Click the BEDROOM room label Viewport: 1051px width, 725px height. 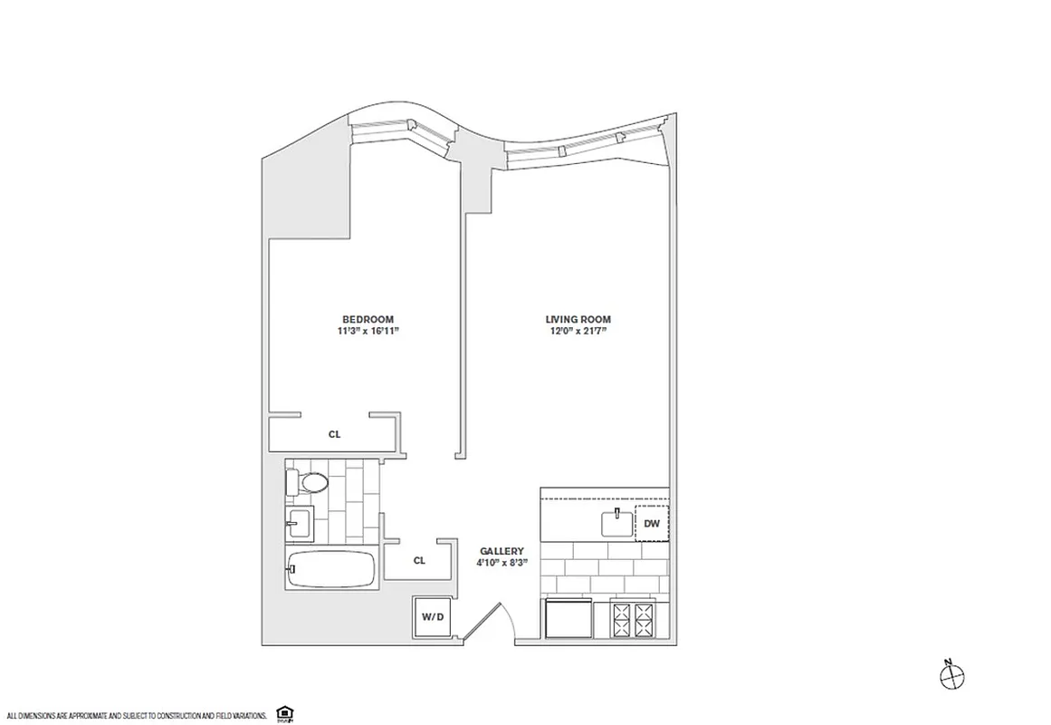(367, 319)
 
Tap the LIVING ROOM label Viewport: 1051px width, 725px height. (578, 319)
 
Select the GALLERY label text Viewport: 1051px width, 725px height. (502, 550)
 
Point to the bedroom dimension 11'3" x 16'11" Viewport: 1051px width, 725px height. (367, 332)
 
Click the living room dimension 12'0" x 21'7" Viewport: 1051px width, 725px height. (578, 332)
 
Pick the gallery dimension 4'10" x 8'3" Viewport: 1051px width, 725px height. (502, 563)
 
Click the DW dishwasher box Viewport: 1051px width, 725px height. (651, 525)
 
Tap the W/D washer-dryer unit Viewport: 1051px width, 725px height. (433, 617)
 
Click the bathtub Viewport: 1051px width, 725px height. (330, 569)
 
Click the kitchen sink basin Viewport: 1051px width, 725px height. (616, 523)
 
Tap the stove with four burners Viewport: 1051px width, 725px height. (634, 621)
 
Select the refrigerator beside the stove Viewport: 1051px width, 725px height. (568, 622)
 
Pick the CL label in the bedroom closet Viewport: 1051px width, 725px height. (334, 434)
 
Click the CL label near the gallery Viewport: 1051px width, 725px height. (419, 560)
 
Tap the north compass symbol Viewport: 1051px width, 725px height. (952, 674)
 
